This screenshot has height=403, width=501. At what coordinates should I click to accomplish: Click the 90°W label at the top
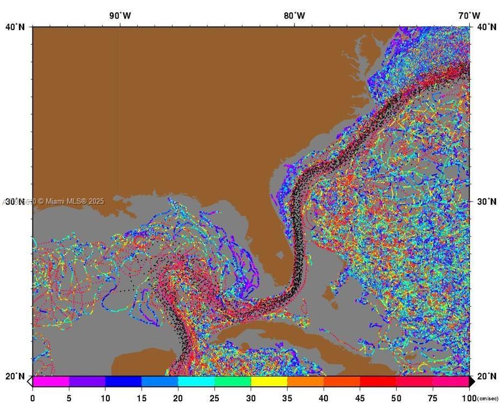click(120, 16)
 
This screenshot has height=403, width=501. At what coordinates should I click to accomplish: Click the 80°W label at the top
click(294, 16)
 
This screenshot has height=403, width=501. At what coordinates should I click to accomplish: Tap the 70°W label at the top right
click(469, 16)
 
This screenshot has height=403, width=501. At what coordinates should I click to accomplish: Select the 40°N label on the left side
click(15, 27)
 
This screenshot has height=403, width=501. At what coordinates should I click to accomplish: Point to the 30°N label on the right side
click(485, 201)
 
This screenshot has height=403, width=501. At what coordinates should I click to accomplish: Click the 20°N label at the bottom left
click(15, 376)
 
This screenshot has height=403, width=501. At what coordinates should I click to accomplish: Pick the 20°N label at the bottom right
click(485, 376)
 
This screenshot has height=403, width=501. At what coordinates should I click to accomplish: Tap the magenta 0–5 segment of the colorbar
click(51, 382)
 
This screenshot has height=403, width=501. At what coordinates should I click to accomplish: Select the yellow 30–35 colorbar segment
click(269, 382)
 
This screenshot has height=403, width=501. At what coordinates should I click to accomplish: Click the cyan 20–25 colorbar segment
click(196, 382)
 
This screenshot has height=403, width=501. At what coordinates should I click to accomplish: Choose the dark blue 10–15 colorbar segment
click(123, 382)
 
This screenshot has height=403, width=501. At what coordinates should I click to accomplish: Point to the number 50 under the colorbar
click(397, 398)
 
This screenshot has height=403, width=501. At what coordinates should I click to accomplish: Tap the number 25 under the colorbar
click(214, 398)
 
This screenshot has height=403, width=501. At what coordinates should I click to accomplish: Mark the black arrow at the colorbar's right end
click(472, 382)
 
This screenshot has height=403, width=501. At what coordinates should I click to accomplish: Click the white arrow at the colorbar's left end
click(30, 382)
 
